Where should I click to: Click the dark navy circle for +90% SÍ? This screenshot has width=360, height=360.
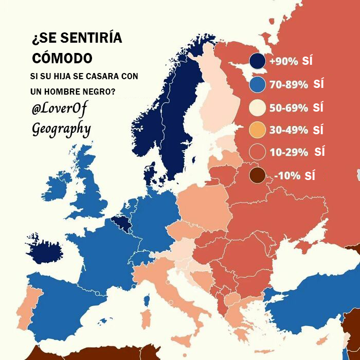point(257,61)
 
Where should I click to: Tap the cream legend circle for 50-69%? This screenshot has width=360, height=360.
point(257,107)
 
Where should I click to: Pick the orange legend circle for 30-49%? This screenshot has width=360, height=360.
point(257,130)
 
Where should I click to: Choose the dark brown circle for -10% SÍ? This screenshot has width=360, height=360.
point(257,175)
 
